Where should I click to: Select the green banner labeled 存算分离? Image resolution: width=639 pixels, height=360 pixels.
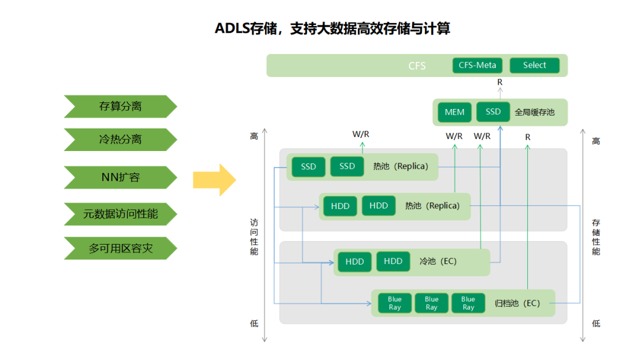[x=120, y=107]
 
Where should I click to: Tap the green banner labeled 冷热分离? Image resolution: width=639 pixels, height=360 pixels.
[x=120, y=140]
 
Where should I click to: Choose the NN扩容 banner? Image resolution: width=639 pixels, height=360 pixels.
[x=120, y=177]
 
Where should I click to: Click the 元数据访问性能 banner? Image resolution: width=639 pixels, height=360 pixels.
[x=120, y=214]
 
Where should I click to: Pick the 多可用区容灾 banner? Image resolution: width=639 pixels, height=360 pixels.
[x=120, y=248]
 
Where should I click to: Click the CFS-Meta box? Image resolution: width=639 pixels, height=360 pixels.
[x=477, y=65]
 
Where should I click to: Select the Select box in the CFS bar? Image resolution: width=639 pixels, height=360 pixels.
[x=534, y=65]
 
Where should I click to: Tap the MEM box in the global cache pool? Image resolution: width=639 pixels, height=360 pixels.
[x=454, y=112]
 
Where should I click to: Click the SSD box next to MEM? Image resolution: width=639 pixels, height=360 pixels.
[x=493, y=111]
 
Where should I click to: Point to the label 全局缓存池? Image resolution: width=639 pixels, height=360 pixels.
[x=535, y=112]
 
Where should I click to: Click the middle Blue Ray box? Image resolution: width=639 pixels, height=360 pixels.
[x=431, y=303]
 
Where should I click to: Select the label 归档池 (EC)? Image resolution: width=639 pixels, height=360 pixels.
[x=517, y=303]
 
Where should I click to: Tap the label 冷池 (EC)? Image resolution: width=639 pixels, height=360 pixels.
[x=438, y=261]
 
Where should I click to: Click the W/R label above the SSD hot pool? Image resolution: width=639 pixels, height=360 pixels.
[x=361, y=134]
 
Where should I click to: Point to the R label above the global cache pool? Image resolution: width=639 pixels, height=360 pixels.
[x=500, y=82]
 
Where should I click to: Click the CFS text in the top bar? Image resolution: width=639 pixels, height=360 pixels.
[x=417, y=66]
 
